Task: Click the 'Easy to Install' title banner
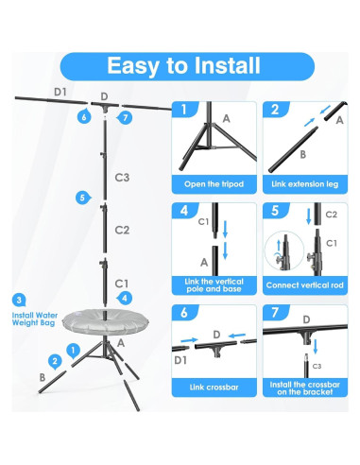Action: [x=187, y=66]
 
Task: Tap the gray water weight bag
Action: [x=106, y=321]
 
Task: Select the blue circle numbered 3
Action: [x=19, y=300]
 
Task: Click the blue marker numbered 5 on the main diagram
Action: [x=83, y=198]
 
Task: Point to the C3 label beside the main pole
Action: [x=122, y=178]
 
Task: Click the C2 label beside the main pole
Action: [x=122, y=230]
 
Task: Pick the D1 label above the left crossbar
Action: [x=60, y=92]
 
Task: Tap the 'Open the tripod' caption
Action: [x=214, y=184]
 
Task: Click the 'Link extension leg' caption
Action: [x=305, y=184]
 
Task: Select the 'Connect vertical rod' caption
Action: [x=304, y=285]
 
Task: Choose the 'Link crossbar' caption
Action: [x=214, y=387]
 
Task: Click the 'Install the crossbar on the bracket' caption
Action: [x=305, y=388]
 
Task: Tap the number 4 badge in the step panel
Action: [x=184, y=211]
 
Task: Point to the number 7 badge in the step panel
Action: [x=276, y=312]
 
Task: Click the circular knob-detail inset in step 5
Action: [x=284, y=250]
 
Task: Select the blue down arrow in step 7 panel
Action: [x=316, y=346]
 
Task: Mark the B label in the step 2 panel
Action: [x=302, y=155]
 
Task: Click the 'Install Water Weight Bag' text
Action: [x=35, y=319]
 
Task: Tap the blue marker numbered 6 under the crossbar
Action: [x=84, y=116]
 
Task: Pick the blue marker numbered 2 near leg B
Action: [x=55, y=362]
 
